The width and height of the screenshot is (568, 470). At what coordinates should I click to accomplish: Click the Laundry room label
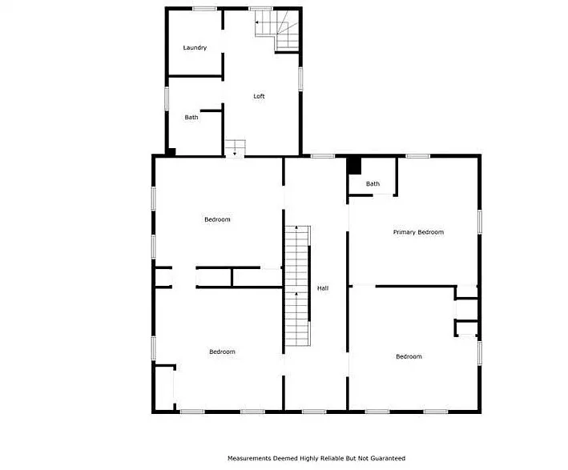195,48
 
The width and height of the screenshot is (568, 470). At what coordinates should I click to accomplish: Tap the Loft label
259,96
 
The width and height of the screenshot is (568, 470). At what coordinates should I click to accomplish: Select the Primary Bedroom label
418,232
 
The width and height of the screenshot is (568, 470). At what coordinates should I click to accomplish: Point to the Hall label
323,288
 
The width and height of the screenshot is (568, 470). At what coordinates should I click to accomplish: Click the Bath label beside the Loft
191,118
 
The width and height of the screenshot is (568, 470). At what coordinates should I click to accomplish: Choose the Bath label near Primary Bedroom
373,184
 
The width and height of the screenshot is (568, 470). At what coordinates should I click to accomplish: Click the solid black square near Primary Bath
354,166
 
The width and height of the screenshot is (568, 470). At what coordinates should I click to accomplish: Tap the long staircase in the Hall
297,286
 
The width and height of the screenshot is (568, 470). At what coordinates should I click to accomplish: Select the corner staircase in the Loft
277,30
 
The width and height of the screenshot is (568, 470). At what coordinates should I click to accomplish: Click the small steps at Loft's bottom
236,148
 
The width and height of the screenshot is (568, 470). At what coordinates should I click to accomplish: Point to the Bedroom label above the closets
217,219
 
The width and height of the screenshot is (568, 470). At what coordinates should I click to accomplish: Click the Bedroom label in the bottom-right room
409,356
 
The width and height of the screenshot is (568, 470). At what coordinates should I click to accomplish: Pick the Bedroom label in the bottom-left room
222,351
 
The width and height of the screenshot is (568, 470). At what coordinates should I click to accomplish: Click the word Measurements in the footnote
249,459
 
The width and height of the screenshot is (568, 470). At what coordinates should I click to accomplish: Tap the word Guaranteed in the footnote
388,459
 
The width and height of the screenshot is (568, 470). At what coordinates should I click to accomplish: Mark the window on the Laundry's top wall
204,9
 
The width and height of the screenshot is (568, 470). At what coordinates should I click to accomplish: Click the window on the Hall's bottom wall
314,412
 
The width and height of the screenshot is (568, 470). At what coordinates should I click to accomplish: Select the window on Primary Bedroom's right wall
480,222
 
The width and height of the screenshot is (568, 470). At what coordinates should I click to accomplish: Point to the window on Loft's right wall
300,78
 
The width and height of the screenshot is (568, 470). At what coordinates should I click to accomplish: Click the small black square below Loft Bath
171,152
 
